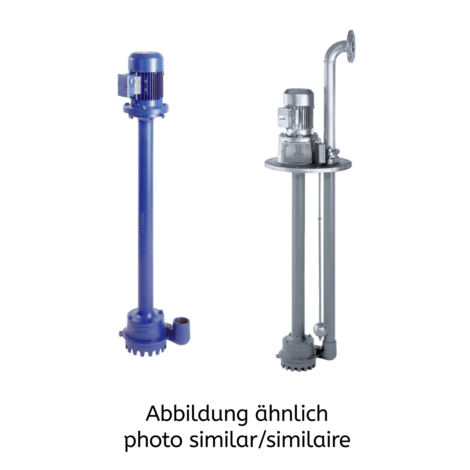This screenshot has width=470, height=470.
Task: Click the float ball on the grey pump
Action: pos(320,329)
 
